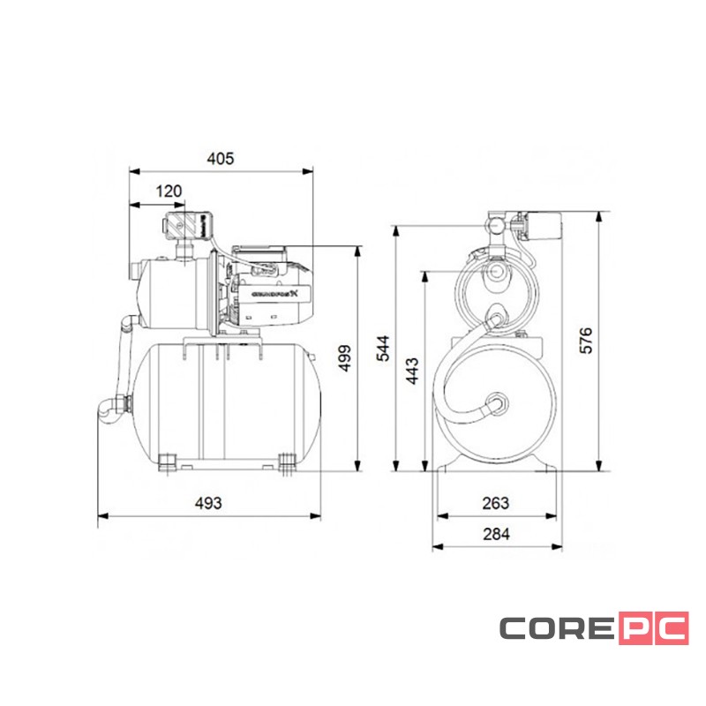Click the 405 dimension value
pyautogui.click(x=220, y=159)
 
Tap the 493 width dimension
pyautogui.click(x=207, y=503)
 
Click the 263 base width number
pyautogui.click(x=496, y=503)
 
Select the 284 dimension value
pyautogui.click(x=496, y=535)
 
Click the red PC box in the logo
pyautogui.click(x=652, y=628)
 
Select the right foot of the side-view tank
pyautogui.click(x=286, y=462)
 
